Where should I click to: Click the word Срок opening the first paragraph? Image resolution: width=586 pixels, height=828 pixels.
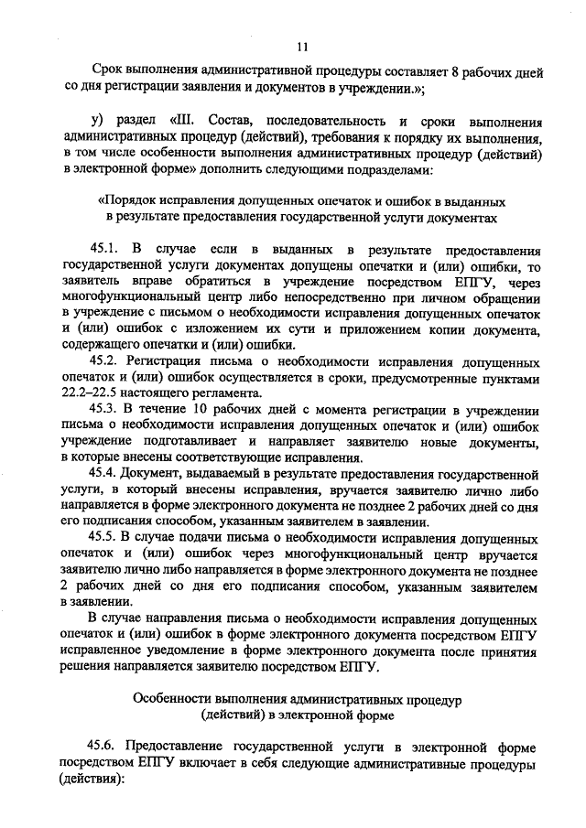(109, 71)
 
